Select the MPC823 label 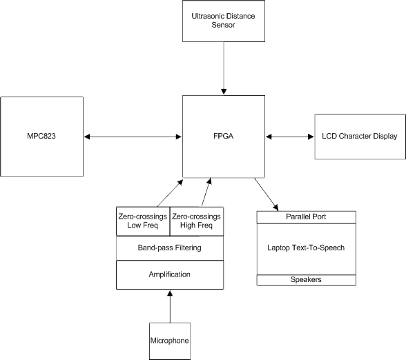click(41, 136)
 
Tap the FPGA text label click(224, 136)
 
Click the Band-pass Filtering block click(170, 248)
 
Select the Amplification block click(170, 274)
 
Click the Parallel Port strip click(307, 217)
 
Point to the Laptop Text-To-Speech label click(306, 248)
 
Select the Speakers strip click(307, 280)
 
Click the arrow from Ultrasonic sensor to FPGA click(224, 68)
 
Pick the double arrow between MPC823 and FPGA click(133, 137)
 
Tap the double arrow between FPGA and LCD click(290, 137)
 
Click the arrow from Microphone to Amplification click(170, 306)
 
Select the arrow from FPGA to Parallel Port click(267, 194)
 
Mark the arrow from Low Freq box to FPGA click(170, 193)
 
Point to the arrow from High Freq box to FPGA click(206, 192)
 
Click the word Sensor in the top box click(223, 25)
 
